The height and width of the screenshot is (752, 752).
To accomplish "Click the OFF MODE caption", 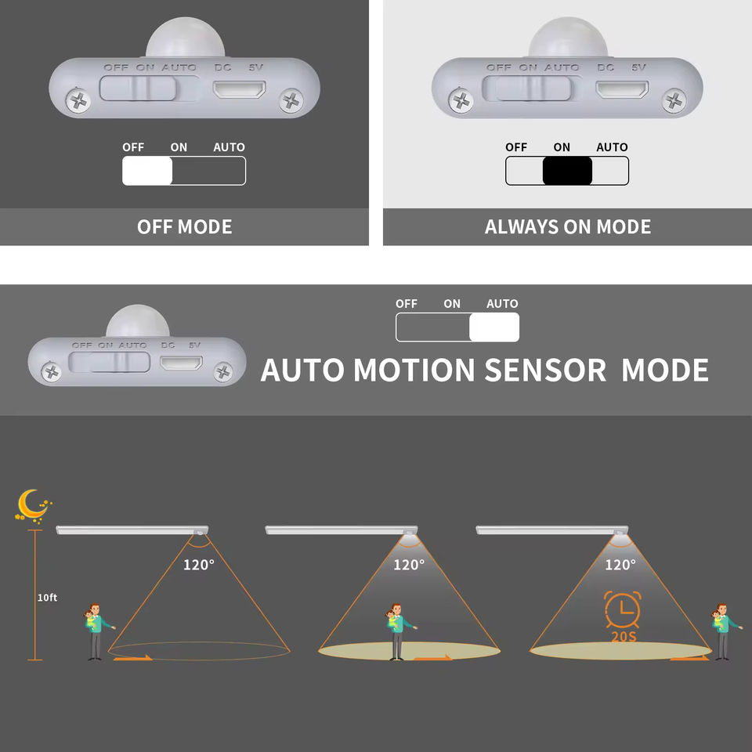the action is [x=184, y=227].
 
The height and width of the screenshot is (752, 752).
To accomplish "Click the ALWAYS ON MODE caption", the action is [x=568, y=227].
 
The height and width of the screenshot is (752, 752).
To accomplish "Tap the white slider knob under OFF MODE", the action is [x=147, y=171].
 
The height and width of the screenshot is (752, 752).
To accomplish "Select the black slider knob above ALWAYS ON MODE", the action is [x=567, y=171].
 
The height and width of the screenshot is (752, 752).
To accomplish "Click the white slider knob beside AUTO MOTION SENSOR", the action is [x=494, y=327].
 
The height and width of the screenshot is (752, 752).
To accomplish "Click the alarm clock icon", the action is [x=622, y=610].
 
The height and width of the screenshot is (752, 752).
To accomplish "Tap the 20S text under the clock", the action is [x=624, y=636].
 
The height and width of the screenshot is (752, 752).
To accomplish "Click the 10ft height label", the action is [x=48, y=598].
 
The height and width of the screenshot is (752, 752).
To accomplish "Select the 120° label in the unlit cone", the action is [x=199, y=565].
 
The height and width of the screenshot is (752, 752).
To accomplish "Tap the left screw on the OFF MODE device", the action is [x=78, y=99].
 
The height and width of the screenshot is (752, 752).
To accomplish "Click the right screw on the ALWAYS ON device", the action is [x=674, y=99].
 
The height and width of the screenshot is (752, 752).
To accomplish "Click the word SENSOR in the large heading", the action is [x=544, y=370].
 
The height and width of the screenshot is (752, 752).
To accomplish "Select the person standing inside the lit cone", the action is [x=397, y=631].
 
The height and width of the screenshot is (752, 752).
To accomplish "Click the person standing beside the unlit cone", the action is [x=96, y=631].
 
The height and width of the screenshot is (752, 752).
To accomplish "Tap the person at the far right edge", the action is [x=721, y=631].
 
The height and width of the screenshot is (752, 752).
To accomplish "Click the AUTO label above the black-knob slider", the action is [x=612, y=147].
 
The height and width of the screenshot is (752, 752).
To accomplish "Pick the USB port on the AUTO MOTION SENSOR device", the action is [x=181, y=363].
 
